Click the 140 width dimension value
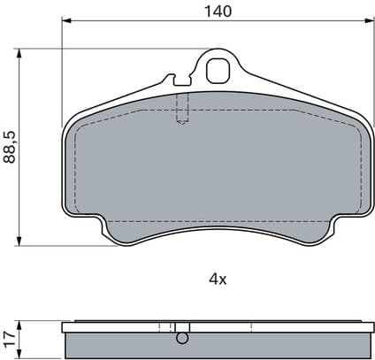click(x=217, y=11)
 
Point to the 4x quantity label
click(x=217, y=279)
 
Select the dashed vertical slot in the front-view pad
click(x=182, y=108)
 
